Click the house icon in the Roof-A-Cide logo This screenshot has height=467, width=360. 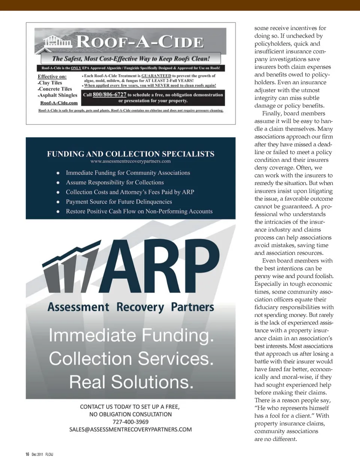pyautogui.click(x=57, y=42)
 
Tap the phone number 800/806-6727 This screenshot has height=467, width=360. pyautogui.click(x=109, y=95)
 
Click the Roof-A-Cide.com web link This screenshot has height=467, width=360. pyautogui.click(x=59, y=103)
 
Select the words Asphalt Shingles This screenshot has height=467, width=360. pyautogui.click(x=58, y=95)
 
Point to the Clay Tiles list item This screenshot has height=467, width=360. pyautogui.click(x=50, y=83)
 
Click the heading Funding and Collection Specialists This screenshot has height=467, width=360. pyautogui.click(x=130, y=154)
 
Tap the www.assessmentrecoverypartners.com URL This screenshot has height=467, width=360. pyautogui.click(x=130, y=161)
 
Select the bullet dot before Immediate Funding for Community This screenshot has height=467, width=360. pyautogui.click(x=58, y=173)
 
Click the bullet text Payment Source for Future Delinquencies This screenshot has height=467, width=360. pyautogui.click(x=119, y=202)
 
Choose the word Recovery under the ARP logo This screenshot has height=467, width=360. pyautogui.click(x=140, y=307)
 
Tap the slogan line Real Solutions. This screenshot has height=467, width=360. pyautogui.click(x=131, y=382)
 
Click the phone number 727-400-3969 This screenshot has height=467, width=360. pyautogui.click(x=130, y=422)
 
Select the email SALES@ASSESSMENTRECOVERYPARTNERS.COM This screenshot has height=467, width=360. pyautogui.click(x=130, y=429)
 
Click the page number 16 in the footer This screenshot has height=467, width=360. pyautogui.click(x=27, y=454)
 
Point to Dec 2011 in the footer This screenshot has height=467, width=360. pyautogui.click(x=37, y=454)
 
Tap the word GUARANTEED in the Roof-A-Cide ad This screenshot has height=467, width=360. pyautogui.click(x=156, y=76)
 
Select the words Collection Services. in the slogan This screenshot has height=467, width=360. pyautogui.click(x=131, y=359)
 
